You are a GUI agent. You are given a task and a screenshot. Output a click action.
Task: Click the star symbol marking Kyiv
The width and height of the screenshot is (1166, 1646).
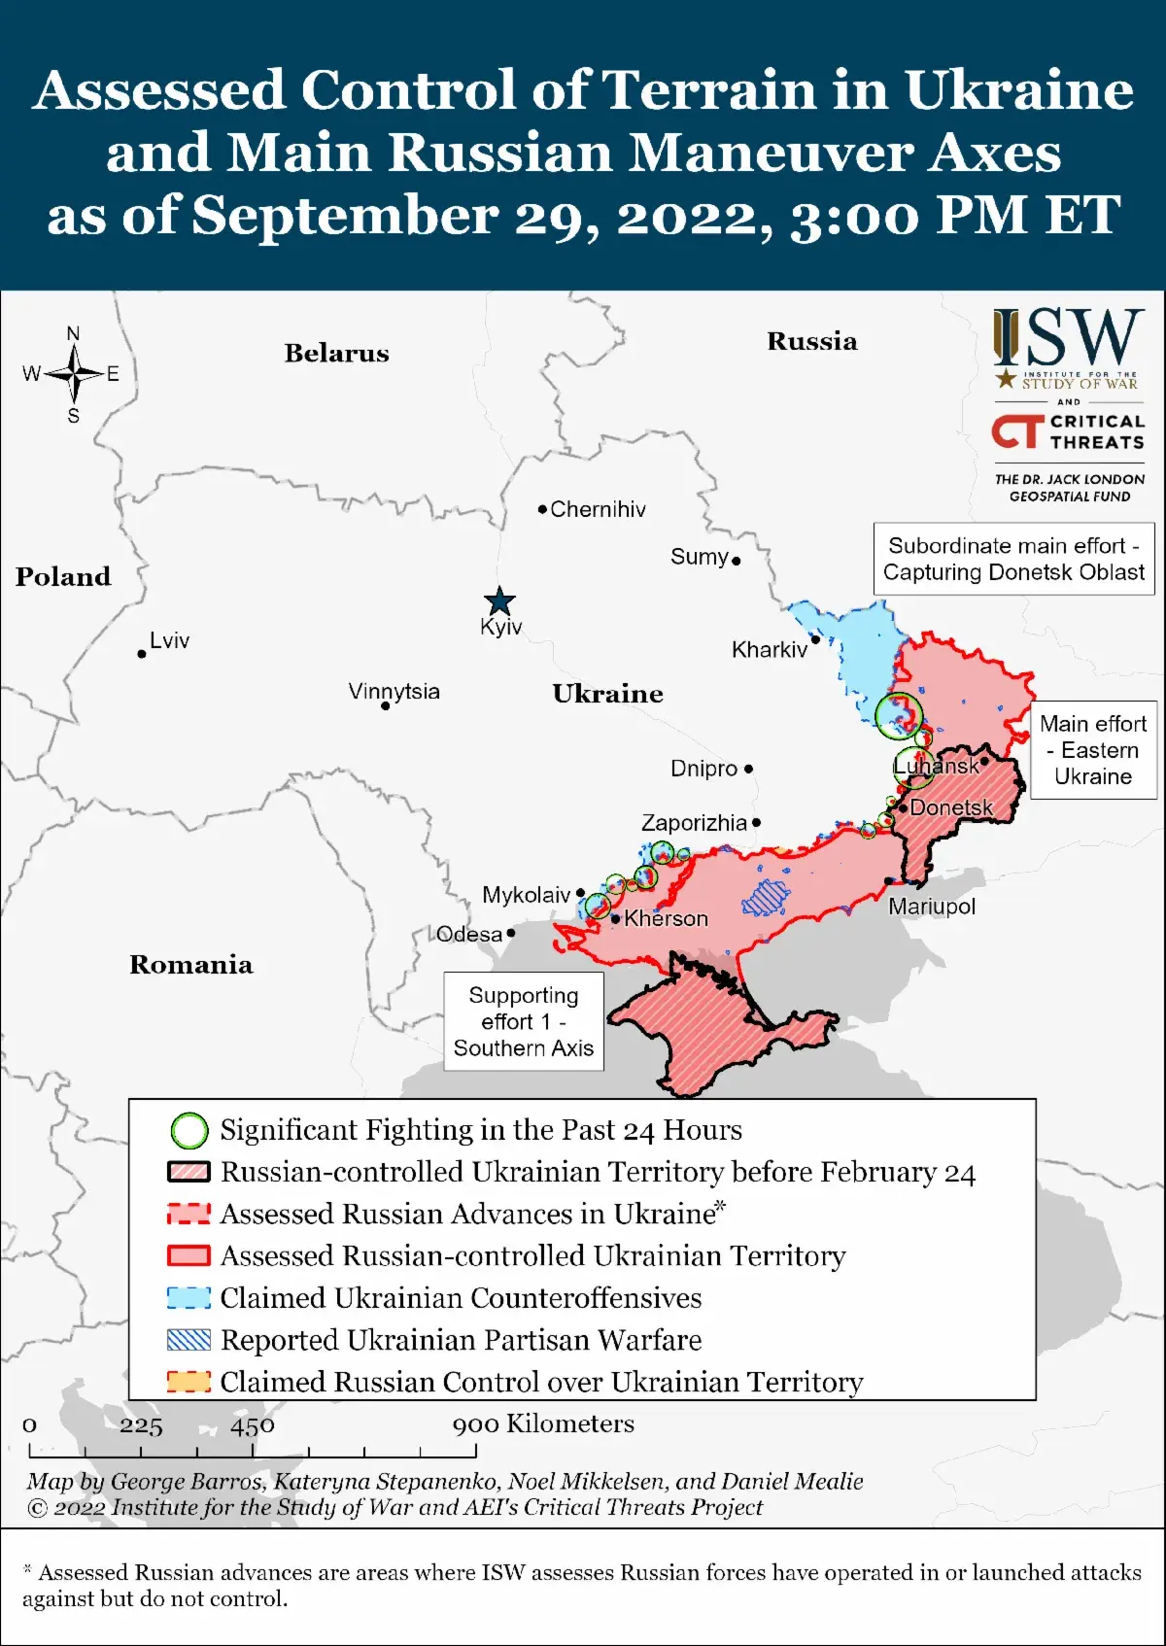[499, 600]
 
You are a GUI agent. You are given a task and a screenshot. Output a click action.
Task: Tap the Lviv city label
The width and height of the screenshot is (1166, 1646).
[169, 640]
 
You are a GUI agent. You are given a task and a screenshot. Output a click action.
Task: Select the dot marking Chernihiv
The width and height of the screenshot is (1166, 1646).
[542, 509]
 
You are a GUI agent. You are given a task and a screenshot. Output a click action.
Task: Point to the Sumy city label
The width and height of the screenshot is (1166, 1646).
[699, 557]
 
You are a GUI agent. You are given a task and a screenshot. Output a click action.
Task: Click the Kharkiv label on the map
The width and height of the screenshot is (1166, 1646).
[769, 649]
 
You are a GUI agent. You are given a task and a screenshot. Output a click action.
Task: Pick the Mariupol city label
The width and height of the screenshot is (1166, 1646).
[931, 907]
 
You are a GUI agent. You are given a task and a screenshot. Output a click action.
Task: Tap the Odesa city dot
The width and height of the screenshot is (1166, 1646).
[511, 933]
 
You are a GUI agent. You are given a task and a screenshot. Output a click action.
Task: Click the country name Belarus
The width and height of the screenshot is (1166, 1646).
[336, 353]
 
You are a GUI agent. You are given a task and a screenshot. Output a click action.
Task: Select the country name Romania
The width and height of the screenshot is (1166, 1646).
[191, 964]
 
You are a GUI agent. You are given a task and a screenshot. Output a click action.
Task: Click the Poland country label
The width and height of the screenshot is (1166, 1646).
[63, 576]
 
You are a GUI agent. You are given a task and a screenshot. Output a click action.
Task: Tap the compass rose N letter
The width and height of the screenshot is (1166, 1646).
[73, 333]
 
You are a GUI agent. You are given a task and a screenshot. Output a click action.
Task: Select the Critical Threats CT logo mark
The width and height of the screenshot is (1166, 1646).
[1016, 431]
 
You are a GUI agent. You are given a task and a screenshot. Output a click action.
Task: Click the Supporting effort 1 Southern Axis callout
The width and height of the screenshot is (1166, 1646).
[523, 1021]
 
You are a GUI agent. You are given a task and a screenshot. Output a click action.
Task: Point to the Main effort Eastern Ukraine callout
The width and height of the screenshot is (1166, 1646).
[1093, 750]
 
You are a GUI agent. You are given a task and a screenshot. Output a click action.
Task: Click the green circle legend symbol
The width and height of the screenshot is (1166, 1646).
[189, 1130]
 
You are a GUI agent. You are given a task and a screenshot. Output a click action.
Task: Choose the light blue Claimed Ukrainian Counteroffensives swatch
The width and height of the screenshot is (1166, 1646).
[189, 1298]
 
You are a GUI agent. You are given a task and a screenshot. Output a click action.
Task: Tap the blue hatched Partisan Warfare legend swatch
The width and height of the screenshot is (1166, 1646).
[189, 1340]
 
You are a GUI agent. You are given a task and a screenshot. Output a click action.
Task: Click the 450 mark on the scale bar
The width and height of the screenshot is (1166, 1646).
[253, 1425]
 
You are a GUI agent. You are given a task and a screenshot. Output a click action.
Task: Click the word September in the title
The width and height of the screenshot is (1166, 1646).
[345, 215]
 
